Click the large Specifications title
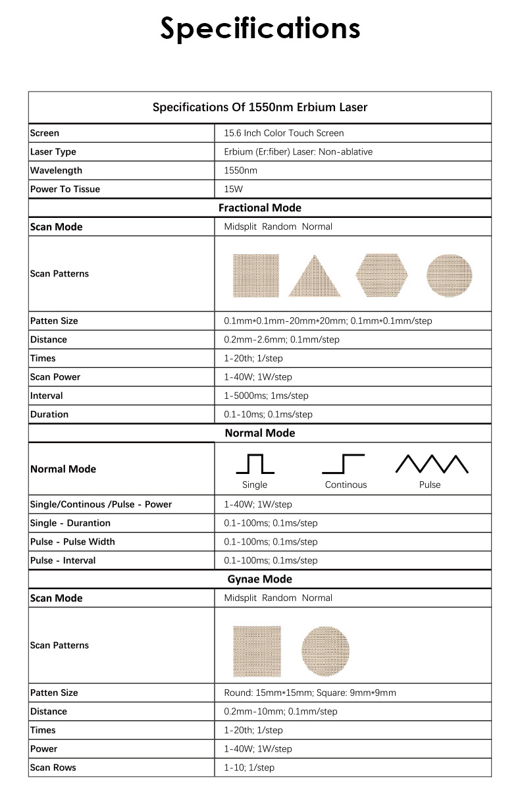(260, 29)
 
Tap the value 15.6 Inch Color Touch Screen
(284, 133)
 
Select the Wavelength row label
(56, 170)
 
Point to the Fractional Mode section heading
(259, 208)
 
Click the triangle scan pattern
(315, 276)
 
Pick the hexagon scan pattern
(382, 275)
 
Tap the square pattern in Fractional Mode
(256, 275)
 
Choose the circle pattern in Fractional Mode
(450, 275)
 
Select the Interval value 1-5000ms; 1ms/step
(266, 396)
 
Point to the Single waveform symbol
(255, 464)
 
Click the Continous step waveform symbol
(344, 464)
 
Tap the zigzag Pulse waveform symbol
(431, 464)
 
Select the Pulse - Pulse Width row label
(72, 542)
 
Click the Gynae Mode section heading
(259, 579)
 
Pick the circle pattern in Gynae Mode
(325, 649)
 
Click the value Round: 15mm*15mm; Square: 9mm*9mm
(310, 693)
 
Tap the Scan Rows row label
(53, 768)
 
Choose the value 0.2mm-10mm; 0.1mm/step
(280, 712)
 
